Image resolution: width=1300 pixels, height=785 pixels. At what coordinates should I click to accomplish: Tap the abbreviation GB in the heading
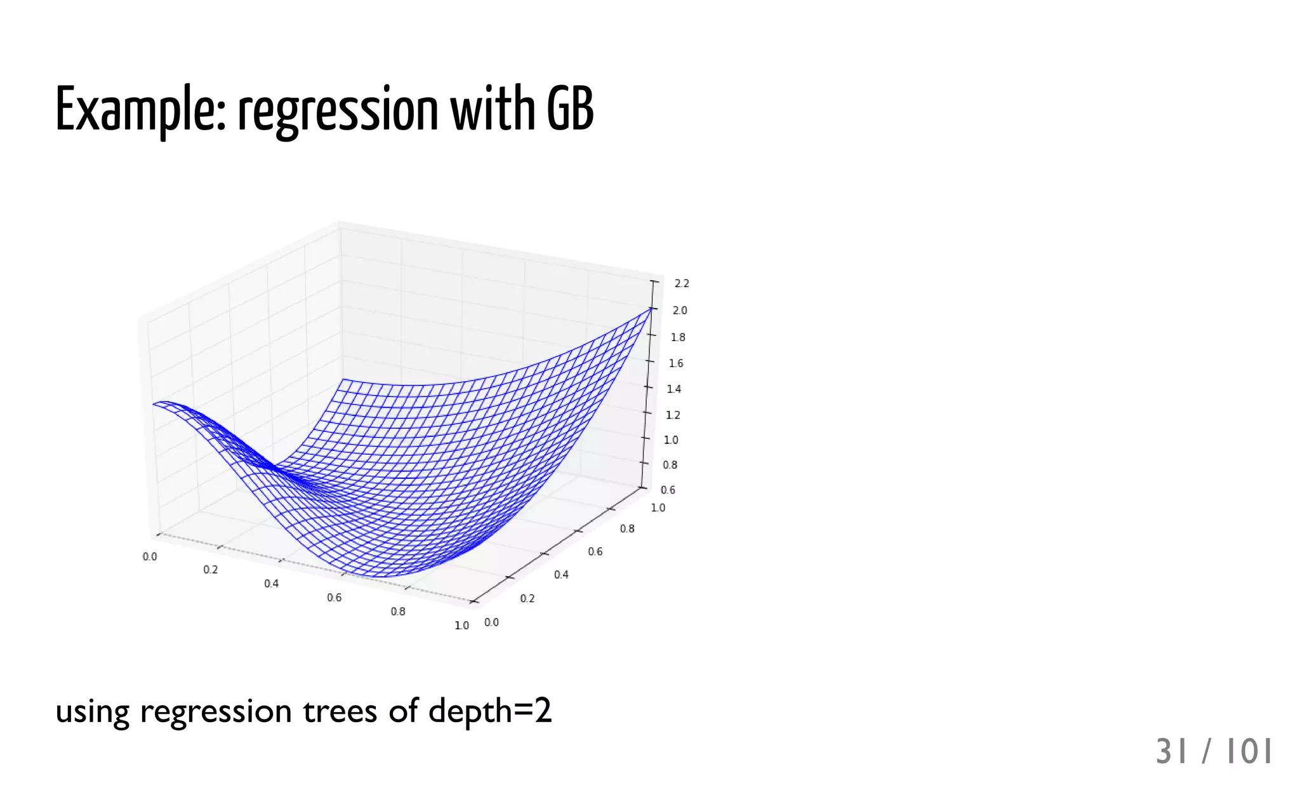[570, 109]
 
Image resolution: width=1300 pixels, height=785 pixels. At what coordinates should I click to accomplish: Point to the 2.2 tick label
[682, 283]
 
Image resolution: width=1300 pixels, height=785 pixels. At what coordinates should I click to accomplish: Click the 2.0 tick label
[680, 311]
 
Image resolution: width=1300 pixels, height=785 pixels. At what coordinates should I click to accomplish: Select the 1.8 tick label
[678, 337]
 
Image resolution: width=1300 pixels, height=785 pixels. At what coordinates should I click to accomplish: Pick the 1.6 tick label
[676, 363]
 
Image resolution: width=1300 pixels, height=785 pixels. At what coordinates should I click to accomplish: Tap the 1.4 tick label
[674, 389]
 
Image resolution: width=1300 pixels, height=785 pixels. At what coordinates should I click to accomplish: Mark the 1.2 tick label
[673, 415]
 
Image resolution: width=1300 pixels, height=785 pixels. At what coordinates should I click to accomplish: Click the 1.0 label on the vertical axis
[671, 439]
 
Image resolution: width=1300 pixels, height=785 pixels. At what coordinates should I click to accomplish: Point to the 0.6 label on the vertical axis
[668, 490]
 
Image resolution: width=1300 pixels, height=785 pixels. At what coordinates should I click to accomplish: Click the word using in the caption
[93, 712]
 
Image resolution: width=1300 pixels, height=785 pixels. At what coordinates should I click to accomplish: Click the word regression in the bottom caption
[216, 712]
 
